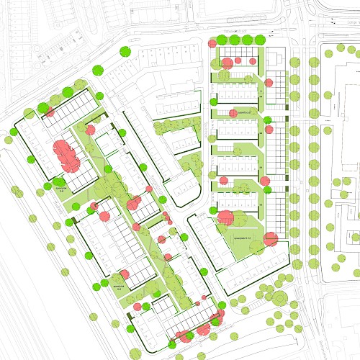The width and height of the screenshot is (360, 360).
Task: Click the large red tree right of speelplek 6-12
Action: click(x=271, y=239)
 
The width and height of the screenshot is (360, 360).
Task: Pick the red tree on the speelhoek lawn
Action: click(x=232, y=113)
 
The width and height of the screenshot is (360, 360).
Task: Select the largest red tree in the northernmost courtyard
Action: click(x=228, y=63)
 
